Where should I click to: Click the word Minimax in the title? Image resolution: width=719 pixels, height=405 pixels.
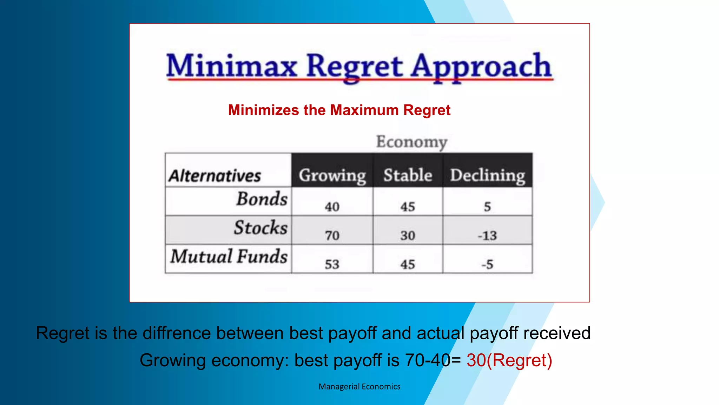click(232, 66)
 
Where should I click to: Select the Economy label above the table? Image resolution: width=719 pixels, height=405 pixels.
click(412, 142)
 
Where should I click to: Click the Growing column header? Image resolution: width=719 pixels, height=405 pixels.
click(332, 175)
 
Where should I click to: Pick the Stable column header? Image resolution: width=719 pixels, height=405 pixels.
click(408, 175)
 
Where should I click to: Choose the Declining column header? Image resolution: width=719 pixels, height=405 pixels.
click(488, 175)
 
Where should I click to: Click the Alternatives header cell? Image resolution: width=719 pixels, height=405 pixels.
click(215, 175)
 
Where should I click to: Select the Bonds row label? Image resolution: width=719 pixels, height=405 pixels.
click(262, 199)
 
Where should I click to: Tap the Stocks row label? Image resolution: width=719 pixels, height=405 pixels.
click(261, 227)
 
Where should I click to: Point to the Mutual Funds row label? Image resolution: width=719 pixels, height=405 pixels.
click(229, 256)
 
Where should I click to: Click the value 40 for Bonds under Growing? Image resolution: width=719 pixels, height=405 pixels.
click(332, 206)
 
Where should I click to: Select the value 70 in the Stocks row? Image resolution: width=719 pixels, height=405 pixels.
click(332, 235)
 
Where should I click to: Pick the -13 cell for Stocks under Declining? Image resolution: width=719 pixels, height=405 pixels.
click(487, 235)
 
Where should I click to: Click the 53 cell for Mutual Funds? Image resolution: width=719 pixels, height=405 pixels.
click(332, 264)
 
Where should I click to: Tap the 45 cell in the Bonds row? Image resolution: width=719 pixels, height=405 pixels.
click(408, 206)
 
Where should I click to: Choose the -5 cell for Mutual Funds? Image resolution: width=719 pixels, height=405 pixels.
click(487, 264)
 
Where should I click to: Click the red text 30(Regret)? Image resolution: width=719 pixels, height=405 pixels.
click(509, 360)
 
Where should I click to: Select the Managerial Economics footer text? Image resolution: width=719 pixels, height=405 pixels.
click(359, 386)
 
